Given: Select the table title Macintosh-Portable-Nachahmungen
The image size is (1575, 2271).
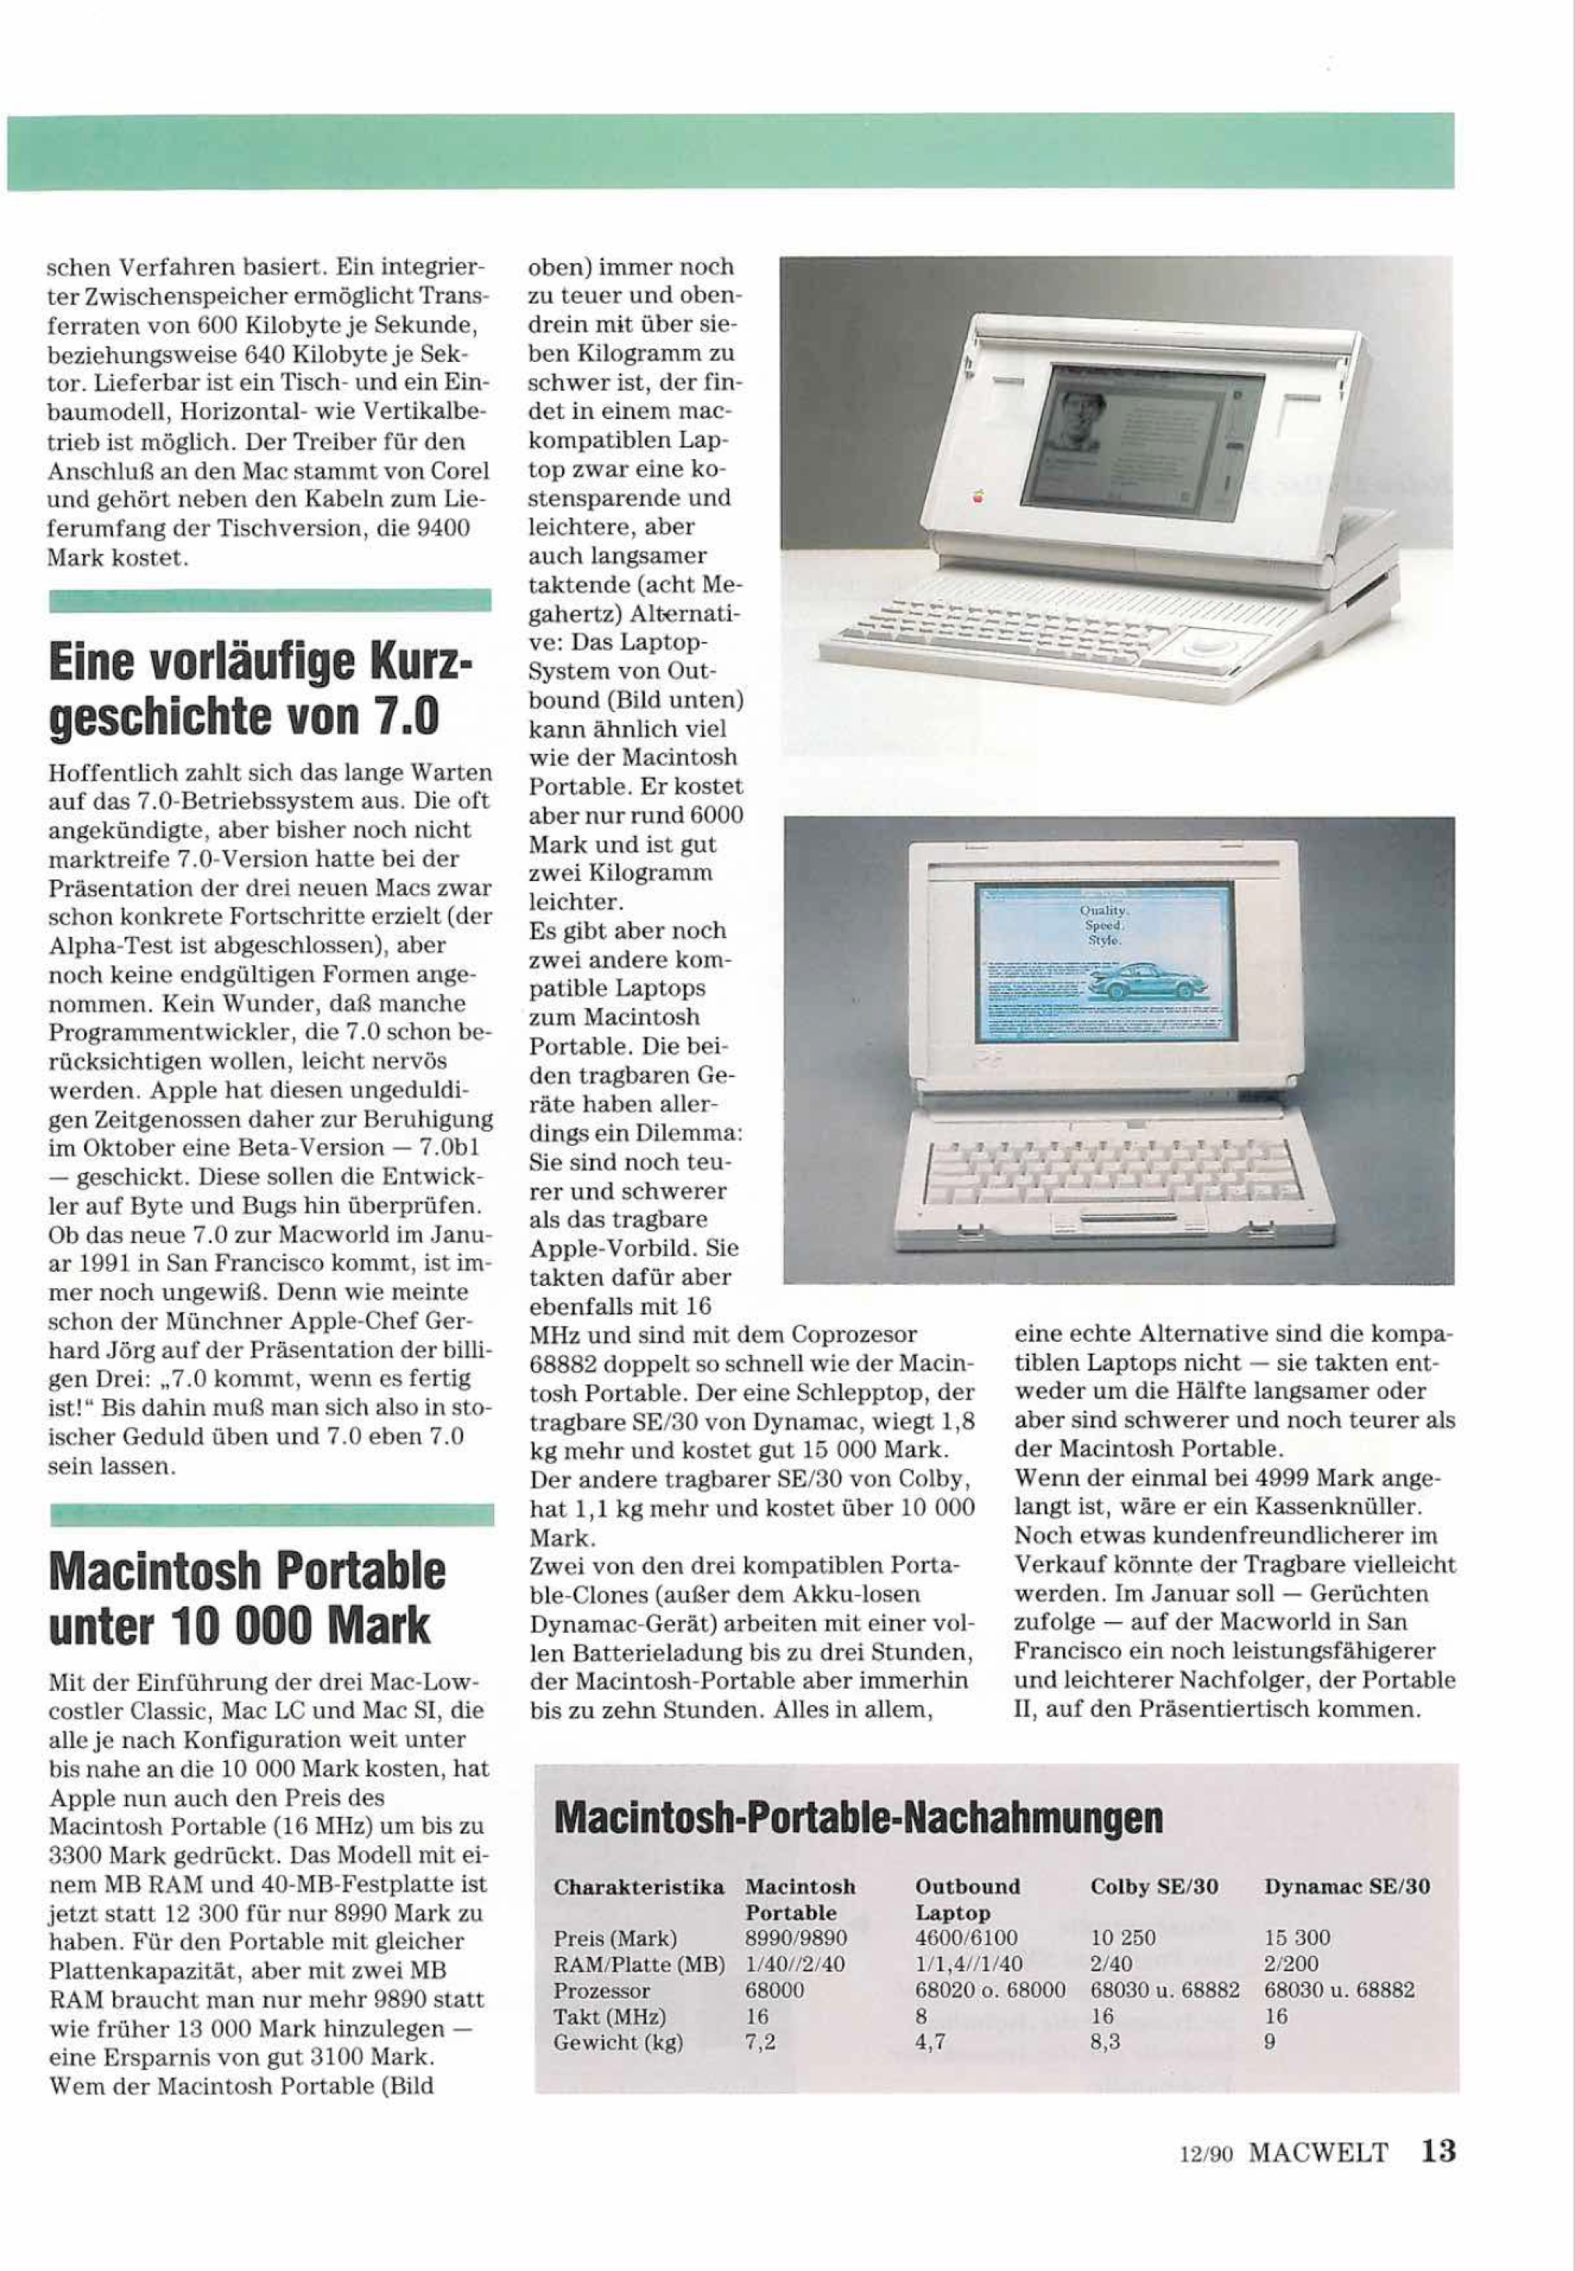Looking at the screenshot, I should coord(858,1818).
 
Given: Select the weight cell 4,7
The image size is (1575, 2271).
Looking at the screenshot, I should coord(931,2043).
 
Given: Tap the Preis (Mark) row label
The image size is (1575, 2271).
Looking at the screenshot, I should coord(616,1937).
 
